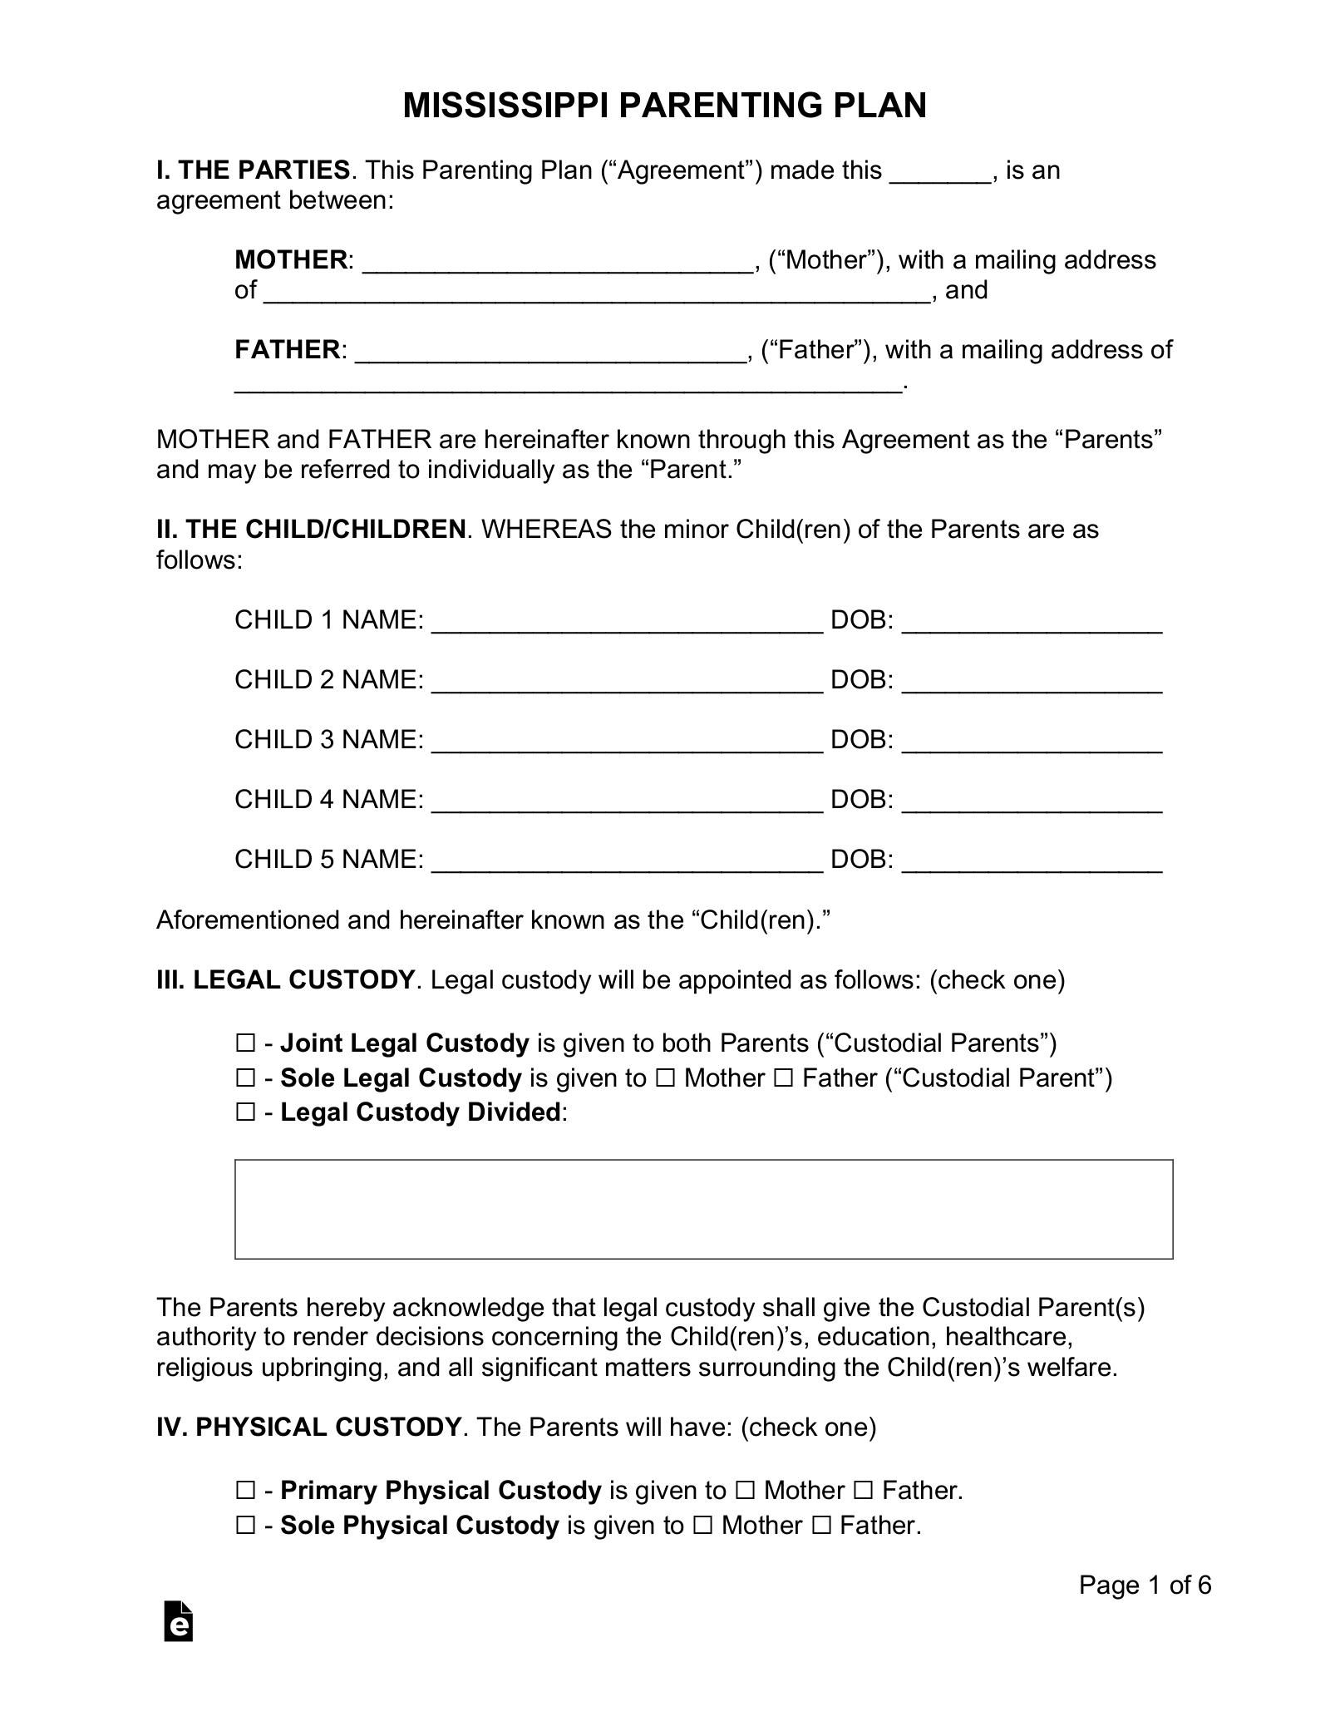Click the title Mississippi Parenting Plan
point(664,106)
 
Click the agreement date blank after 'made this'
point(940,173)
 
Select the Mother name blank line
point(558,263)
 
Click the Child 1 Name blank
point(628,623)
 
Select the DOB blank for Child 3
point(1032,742)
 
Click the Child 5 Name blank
point(628,862)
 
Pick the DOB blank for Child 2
point(1032,683)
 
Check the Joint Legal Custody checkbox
point(245,1043)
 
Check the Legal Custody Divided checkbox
point(245,1112)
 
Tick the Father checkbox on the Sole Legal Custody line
point(783,1078)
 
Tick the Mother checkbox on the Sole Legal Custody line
point(665,1078)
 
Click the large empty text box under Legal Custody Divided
point(703,1209)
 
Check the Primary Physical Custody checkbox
point(245,1491)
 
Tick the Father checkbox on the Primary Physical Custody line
point(863,1491)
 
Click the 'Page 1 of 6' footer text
point(1145,1585)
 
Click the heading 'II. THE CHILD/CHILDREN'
point(311,530)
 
